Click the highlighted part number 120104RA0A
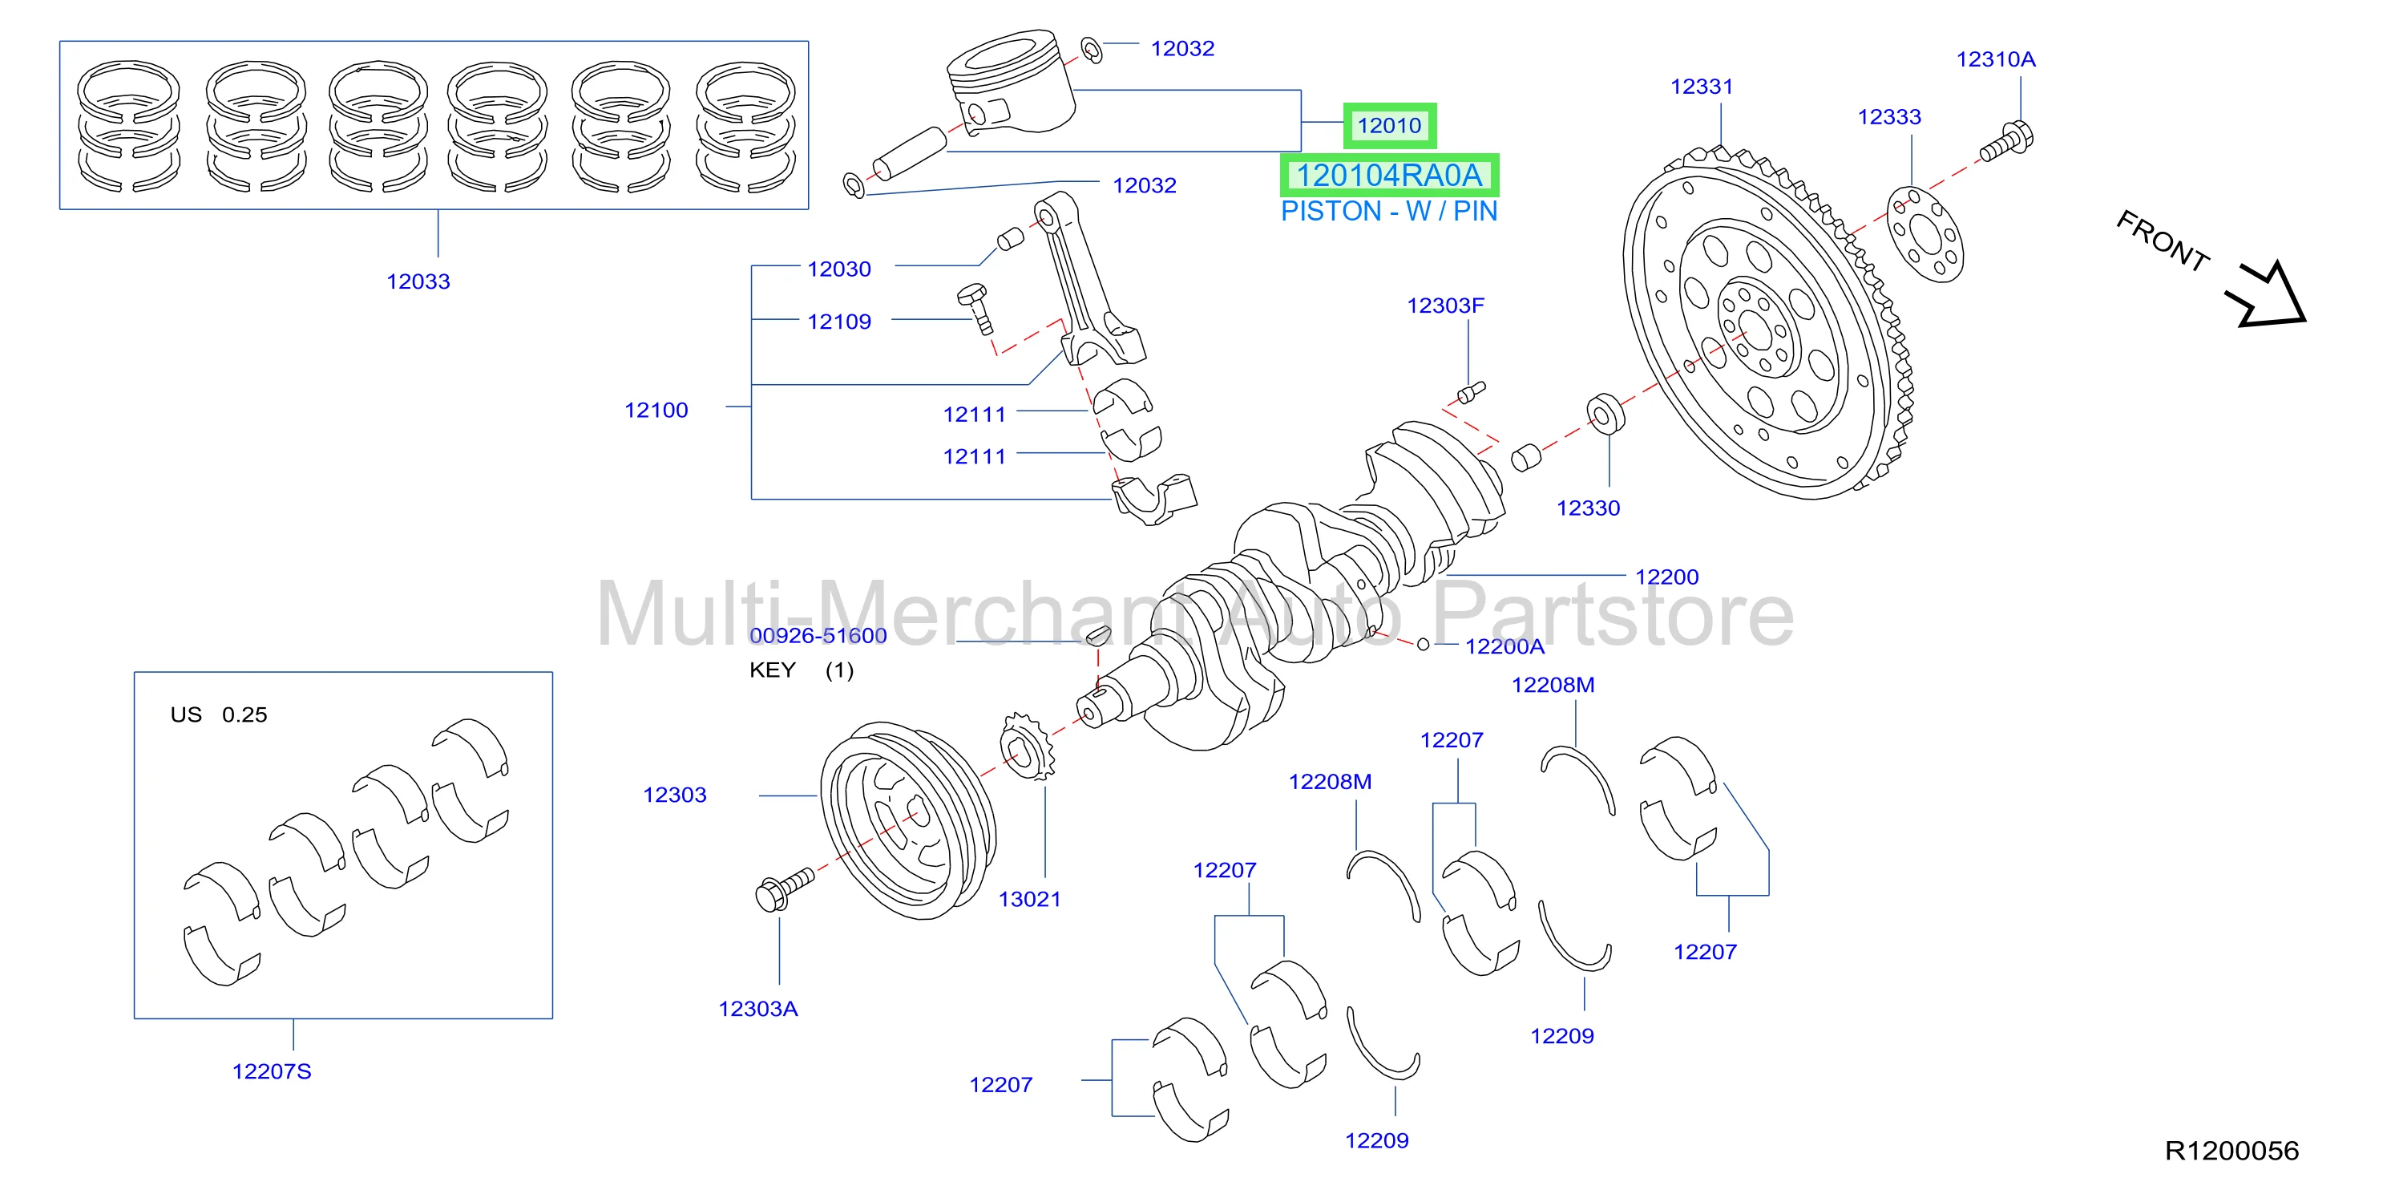(x=1388, y=176)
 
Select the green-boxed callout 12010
(x=1390, y=125)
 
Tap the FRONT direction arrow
(x=2268, y=296)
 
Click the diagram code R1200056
(x=2231, y=1151)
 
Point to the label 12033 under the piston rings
(x=418, y=281)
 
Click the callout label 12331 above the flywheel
(x=1702, y=87)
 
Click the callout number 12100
(x=656, y=411)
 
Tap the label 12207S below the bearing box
(x=272, y=1071)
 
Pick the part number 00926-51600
(x=818, y=636)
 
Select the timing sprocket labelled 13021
(x=1028, y=747)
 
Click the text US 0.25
(x=219, y=714)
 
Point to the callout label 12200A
(x=1504, y=647)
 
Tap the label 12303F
(x=1445, y=306)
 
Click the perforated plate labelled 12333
(x=1926, y=234)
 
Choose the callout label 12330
(x=1588, y=508)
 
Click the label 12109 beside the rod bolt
(x=839, y=322)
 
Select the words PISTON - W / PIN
(x=1388, y=212)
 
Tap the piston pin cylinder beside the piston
(x=911, y=153)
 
